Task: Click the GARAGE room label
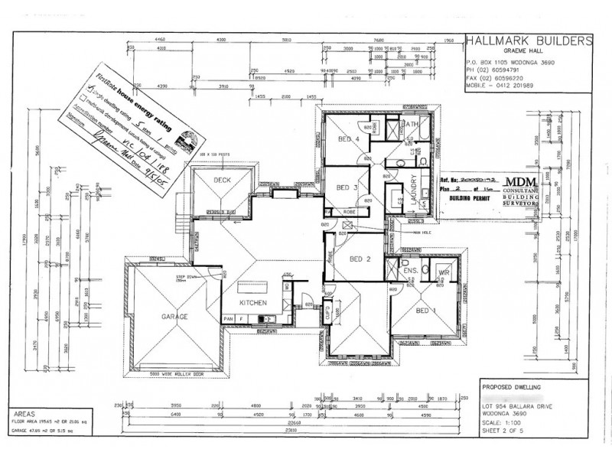[174, 316]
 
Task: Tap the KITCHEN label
[252, 303]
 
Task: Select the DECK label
[222, 181]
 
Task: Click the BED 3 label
[347, 187]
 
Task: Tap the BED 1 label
[425, 311]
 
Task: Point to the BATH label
[410, 124]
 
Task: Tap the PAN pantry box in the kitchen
[228, 318]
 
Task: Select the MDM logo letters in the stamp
[523, 180]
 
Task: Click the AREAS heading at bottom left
[25, 412]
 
